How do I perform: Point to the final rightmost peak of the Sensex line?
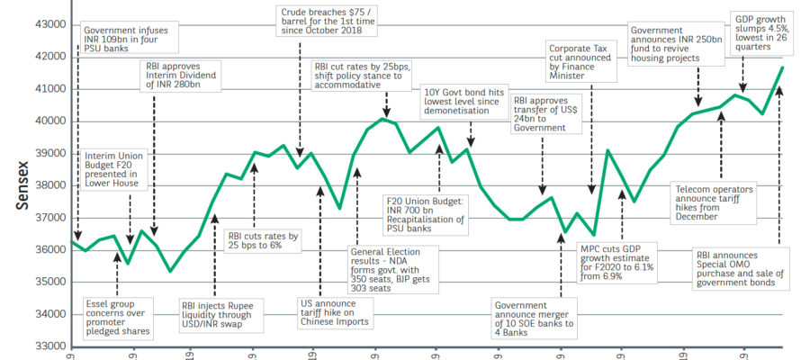point(780,68)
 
